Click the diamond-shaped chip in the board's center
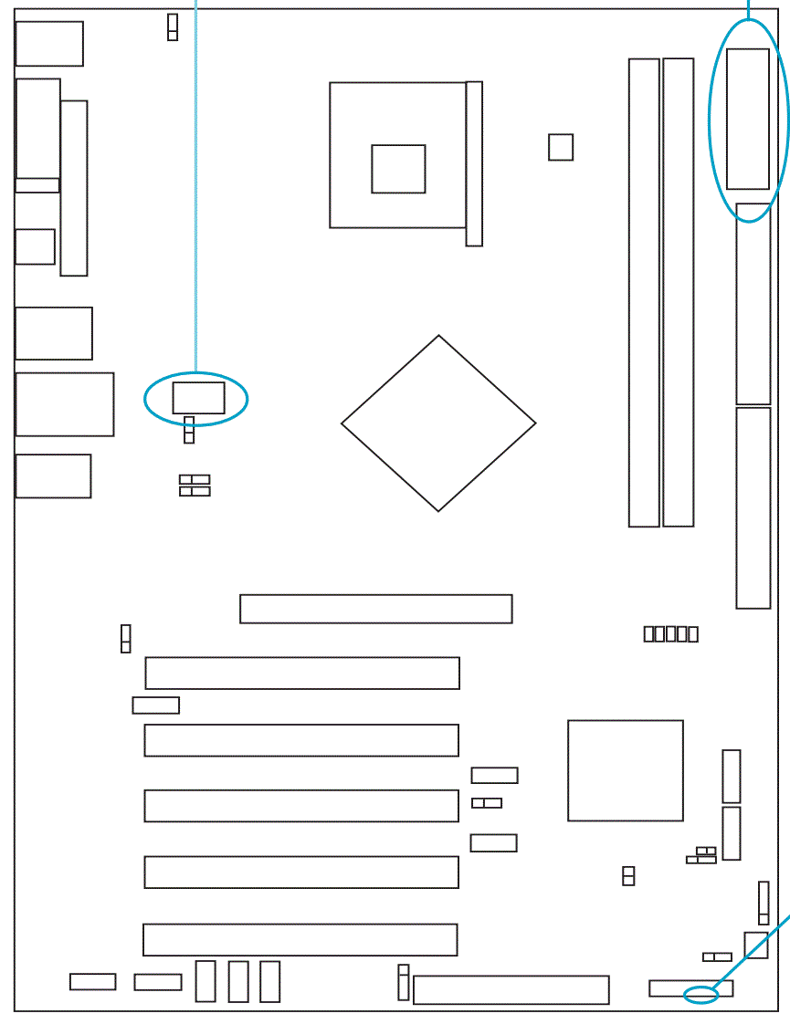click(438, 423)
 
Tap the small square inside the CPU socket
click(398, 169)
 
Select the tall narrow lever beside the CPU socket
click(474, 163)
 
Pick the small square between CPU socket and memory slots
click(561, 147)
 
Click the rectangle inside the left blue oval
click(198, 398)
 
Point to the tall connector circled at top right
click(748, 119)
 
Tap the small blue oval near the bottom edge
click(701, 994)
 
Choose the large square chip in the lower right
click(626, 770)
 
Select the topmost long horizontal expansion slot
click(375, 609)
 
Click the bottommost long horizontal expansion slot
click(300, 939)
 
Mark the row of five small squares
click(671, 633)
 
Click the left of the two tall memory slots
click(644, 292)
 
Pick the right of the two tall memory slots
click(678, 292)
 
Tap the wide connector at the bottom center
click(511, 989)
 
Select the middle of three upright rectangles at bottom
click(238, 981)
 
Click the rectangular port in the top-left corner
click(49, 44)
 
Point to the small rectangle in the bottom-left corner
click(93, 981)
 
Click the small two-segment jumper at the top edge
click(173, 27)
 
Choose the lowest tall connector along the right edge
click(753, 507)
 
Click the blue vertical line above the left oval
click(195, 183)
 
